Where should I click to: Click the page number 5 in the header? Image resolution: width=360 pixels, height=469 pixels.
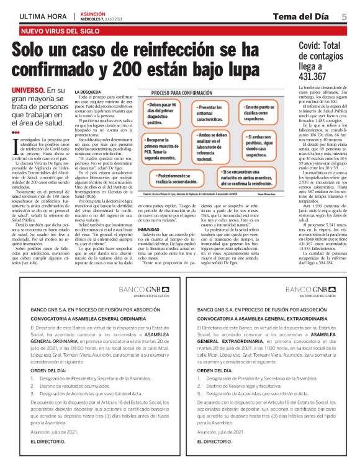click(344, 16)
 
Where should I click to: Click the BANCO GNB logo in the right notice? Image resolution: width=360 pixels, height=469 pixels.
click(313, 292)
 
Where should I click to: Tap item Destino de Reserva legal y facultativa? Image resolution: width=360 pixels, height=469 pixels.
click(247, 385)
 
